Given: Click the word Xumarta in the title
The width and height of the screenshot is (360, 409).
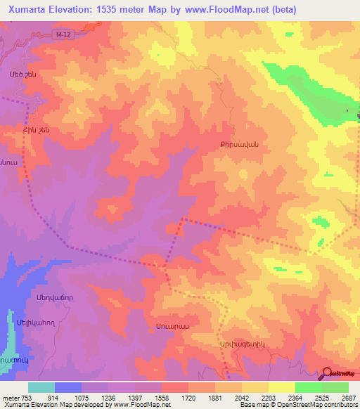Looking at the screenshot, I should pos(25,9).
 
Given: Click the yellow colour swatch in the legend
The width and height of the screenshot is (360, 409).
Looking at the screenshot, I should pos(281,387).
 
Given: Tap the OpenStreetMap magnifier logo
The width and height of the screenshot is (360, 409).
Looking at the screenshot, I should pos(328,374).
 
